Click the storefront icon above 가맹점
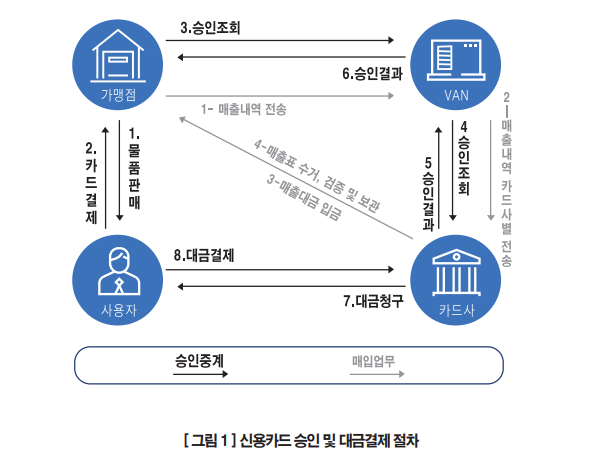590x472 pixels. click(118, 55)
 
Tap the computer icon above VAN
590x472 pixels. click(456, 60)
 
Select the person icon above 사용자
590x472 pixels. click(119, 271)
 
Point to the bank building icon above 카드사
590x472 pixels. click(456, 272)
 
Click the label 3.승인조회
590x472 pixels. click(210, 28)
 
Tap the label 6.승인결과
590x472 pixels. click(373, 73)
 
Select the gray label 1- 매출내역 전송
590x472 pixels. click(243, 109)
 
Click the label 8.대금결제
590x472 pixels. click(204, 256)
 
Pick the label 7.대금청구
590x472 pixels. click(373, 301)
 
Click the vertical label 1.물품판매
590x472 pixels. click(134, 168)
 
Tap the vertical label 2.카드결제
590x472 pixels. click(91, 183)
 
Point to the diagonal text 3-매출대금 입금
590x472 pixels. click(304, 197)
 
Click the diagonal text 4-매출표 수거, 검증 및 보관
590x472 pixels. click(316, 175)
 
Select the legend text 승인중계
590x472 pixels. click(199, 361)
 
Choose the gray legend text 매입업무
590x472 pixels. click(373, 361)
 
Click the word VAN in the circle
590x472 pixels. click(456, 95)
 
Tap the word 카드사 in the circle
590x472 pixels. click(456, 311)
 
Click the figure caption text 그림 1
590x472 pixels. click(210, 440)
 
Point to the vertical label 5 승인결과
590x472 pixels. click(428, 194)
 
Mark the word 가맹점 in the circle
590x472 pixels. click(119, 95)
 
